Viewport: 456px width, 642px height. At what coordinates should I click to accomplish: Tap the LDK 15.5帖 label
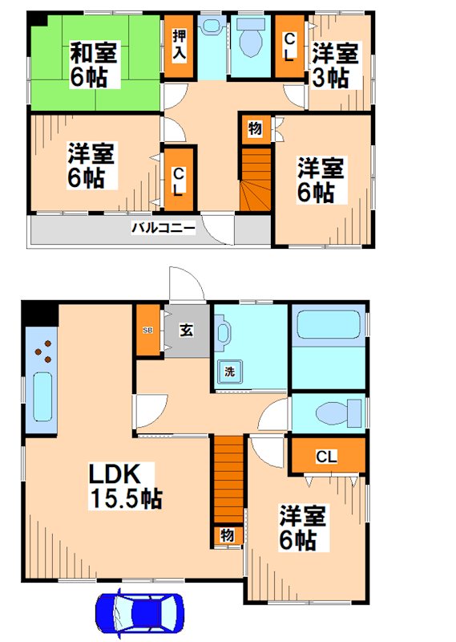click(124, 486)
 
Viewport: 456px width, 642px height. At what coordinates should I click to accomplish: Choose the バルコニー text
click(163, 228)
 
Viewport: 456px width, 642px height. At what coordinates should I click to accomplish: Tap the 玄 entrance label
click(185, 329)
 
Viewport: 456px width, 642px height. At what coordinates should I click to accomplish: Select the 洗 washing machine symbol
click(228, 372)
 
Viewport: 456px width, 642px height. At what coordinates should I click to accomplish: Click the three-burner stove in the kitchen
click(45, 351)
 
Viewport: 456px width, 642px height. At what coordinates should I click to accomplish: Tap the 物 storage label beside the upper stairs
click(255, 129)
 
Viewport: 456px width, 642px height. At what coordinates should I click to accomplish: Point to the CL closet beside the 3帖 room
click(289, 47)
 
